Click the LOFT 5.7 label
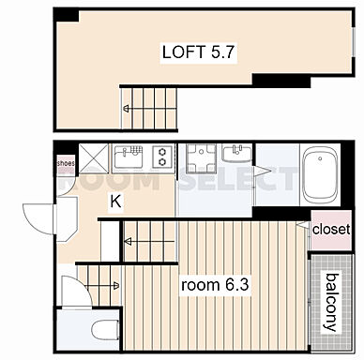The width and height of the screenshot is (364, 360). (198, 52)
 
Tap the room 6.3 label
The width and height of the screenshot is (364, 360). (215, 285)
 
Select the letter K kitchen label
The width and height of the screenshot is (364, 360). (115, 202)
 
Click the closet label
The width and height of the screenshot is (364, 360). (331, 230)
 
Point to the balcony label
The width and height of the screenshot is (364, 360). (331, 302)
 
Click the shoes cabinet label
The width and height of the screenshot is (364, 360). (66, 163)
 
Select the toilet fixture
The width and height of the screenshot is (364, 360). (105, 330)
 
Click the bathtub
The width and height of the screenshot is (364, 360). (320, 174)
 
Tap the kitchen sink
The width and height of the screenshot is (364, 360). (129, 158)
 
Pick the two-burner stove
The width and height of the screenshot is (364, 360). (162, 157)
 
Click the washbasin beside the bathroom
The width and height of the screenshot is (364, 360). (236, 152)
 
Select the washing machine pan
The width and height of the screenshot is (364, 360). (201, 158)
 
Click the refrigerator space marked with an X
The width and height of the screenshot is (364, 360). (94, 158)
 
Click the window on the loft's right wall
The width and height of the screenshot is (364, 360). (354, 42)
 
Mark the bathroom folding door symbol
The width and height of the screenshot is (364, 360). (261, 172)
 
